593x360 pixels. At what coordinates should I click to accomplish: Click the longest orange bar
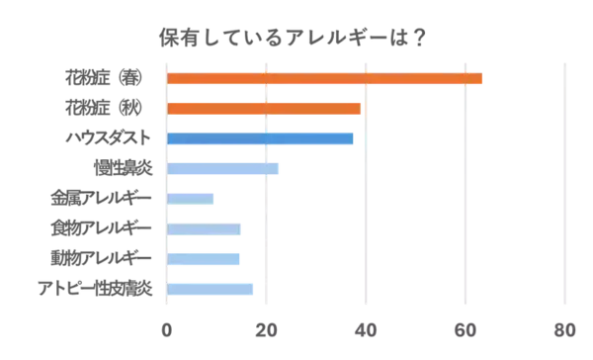coord(327,78)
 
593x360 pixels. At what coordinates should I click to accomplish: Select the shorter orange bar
coord(266,109)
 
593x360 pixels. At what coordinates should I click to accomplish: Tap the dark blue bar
coord(262,139)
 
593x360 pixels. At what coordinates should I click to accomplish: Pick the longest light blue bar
coord(225,169)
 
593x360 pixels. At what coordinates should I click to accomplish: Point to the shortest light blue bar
coord(194,199)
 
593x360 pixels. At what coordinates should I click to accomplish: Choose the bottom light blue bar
coord(212,290)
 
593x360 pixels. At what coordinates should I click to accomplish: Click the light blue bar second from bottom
coord(206,259)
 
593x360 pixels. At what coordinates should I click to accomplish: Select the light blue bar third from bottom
coord(207,230)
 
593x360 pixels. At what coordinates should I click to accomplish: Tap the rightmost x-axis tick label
coord(564,325)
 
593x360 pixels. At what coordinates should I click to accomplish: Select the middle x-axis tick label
coord(366,325)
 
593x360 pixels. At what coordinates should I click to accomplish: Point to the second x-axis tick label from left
coord(266,325)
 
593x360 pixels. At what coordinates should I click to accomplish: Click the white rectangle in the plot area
coord(314,247)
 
